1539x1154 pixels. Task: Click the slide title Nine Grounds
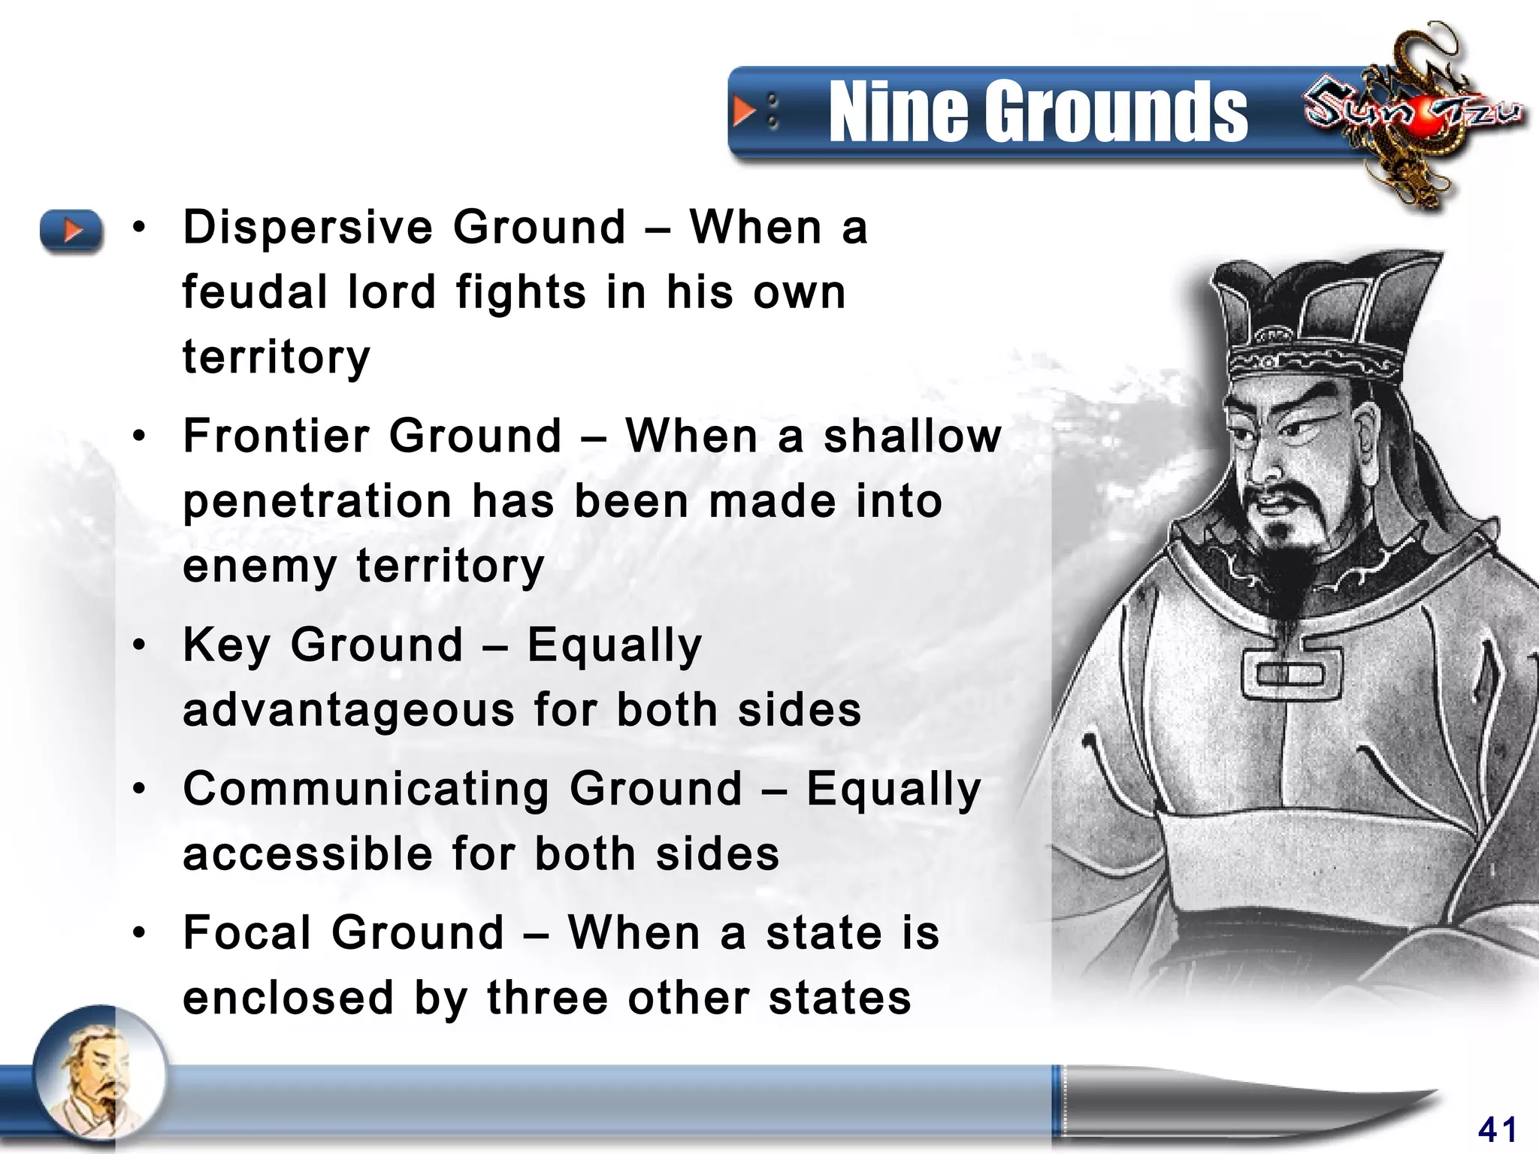pyautogui.click(x=1037, y=113)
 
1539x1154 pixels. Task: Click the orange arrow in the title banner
pyautogui.click(x=744, y=112)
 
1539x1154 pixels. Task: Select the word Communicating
pyautogui.click(x=367, y=789)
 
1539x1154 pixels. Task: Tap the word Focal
pyautogui.click(x=247, y=933)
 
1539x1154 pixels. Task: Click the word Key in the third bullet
pyautogui.click(x=226, y=645)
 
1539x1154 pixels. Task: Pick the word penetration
pyautogui.click(x=318, y=501)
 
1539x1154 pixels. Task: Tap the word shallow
pyautogui.click(x=912, y=436)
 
